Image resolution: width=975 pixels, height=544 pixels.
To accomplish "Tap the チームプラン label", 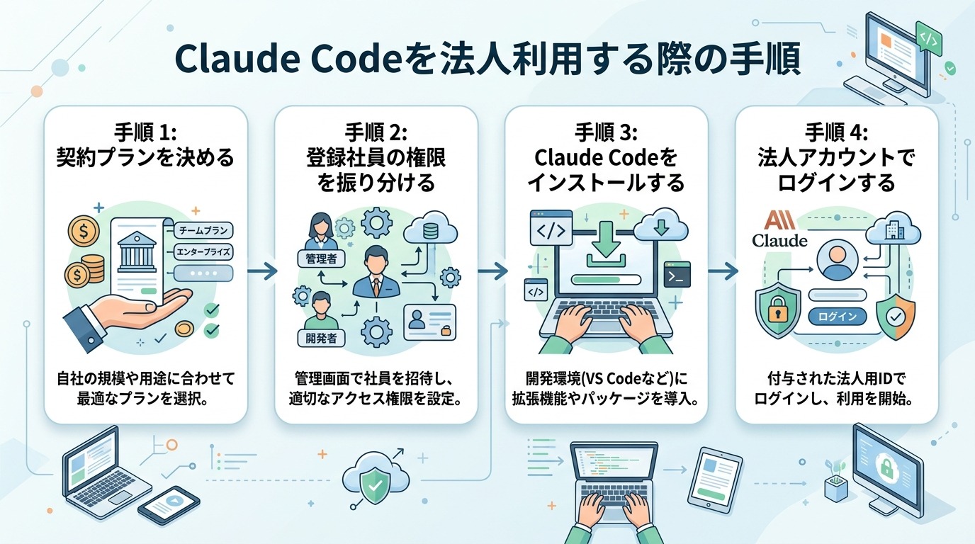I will click(203, 230).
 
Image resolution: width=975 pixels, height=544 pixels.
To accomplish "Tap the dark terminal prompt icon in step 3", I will click(677, 274).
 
